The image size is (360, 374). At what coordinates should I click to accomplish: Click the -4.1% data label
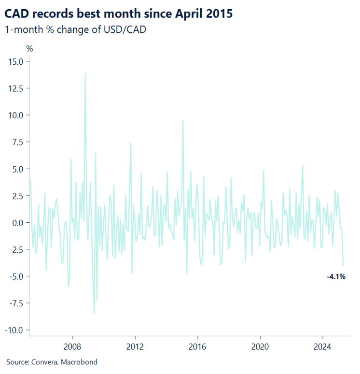coord(336,277)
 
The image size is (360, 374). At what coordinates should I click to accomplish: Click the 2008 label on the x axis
coord(72,346)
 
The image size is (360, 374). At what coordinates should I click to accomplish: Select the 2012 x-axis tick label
coord(135,346)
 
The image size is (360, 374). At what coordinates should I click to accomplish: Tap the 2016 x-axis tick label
coord(197,346)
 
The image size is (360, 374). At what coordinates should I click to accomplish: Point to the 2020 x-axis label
coord(260,346)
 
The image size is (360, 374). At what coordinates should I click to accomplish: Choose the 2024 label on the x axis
coord(322,346)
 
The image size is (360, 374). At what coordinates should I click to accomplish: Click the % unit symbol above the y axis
coord(29,48)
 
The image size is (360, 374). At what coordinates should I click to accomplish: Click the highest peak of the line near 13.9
coord(85,74)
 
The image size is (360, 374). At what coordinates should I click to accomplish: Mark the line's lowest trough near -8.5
coord(94,313)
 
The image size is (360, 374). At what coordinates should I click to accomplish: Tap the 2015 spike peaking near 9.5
coord(183,120)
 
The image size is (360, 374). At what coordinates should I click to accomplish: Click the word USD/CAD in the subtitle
coord(126,30)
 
